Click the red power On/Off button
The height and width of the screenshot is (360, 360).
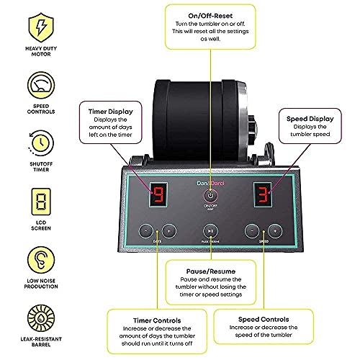click(x=210, y=196)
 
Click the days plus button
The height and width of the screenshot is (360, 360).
click(x=168, y=230)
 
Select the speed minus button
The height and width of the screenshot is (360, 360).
click(x=251, y=230)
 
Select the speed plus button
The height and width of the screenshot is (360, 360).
click(x=274, y=230)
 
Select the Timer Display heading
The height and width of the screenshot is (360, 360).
click(x=109, y=112)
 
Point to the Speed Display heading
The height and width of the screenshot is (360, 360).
click(x=310, y=111)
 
